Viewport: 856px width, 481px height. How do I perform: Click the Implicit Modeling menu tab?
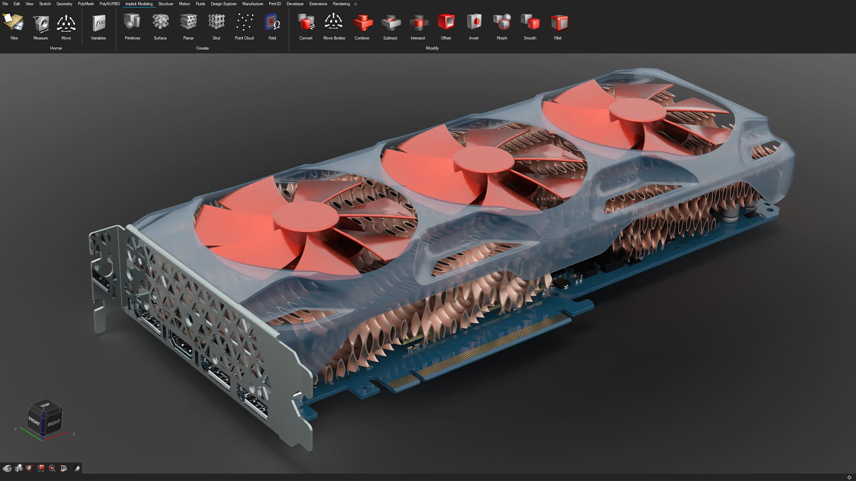tap(139, 4)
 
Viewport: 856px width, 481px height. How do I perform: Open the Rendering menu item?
tap(341, 4)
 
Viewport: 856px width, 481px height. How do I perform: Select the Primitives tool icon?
tap(132, 22)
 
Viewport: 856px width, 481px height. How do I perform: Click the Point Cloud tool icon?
tap(244, 22)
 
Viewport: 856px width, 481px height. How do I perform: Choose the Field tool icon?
tap(272, 22)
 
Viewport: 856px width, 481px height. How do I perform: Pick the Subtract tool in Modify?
tap(390, 22)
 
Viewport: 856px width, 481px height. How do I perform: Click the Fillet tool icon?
tap(558, 22)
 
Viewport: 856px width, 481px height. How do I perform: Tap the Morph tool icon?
tap(502, 22)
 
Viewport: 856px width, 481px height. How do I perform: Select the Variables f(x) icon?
tap(99, 22)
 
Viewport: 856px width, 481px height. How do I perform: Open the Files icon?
tap(14, 22)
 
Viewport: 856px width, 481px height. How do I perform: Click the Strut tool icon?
tap(216, 22)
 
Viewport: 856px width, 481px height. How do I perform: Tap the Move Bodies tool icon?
tap(334, 22)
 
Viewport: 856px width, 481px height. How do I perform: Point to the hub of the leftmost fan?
tap(306, 217)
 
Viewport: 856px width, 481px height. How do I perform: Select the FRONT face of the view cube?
tap(34, 421)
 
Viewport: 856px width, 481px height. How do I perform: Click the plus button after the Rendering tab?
tap(356, 4)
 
